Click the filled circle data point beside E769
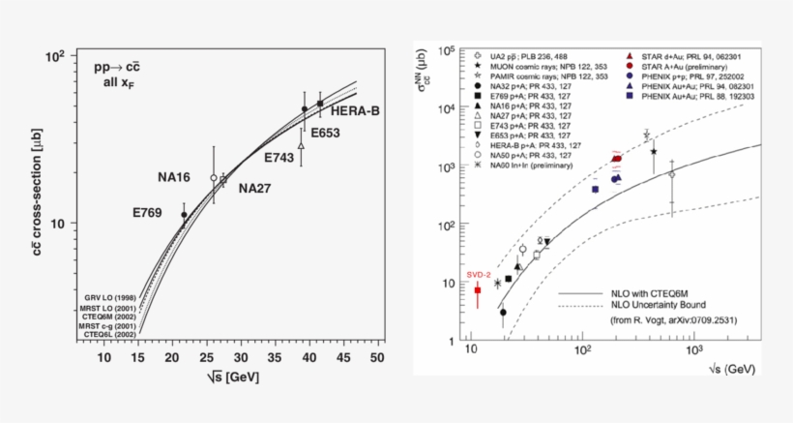[x=184, y=215]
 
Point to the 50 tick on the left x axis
[x=378, y=358]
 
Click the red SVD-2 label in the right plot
[x=479, y=275]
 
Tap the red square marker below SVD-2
[x=477, y=290]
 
